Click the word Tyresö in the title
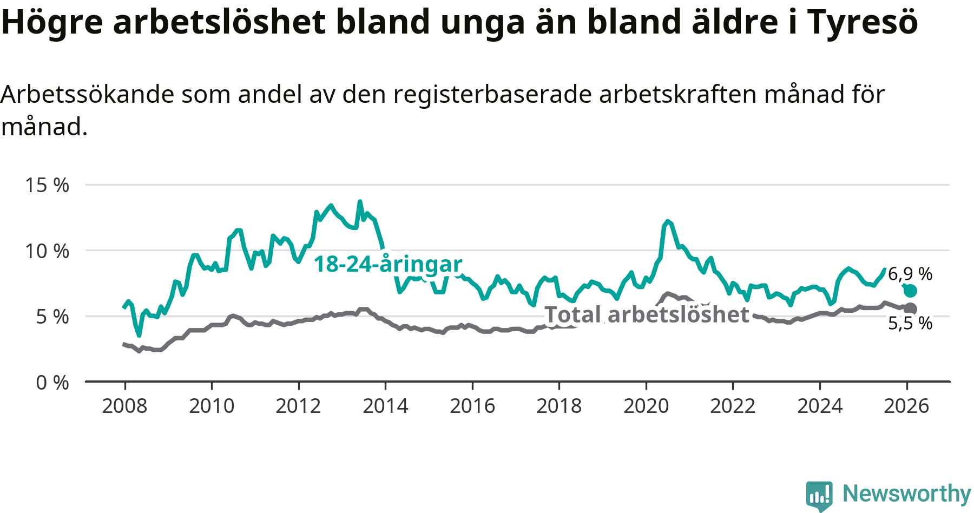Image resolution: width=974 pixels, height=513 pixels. pos(863,22)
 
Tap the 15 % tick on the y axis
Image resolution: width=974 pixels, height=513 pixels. pos(47,185)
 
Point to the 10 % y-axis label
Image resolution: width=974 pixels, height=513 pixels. pos(47,251)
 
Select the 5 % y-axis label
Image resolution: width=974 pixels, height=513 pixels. pos(52,317)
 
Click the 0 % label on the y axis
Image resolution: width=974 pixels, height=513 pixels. pos(52,383)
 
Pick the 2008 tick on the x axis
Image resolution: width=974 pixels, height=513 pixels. pos(124,406)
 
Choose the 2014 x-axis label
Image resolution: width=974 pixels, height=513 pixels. pos(385,406)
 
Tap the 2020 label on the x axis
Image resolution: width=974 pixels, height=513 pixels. pos(646,406)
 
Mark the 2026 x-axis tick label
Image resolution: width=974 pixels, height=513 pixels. pos(906,406)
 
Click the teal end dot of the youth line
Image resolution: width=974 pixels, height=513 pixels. pos(910,291)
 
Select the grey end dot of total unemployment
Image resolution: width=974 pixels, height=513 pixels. pos(910,308)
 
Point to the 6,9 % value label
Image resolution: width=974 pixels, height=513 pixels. pos(910,274)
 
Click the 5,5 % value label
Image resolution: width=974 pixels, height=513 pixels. pos(910,323)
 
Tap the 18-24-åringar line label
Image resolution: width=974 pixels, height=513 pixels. pos(388,264)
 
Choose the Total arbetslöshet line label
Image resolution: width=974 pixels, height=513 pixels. pos(647,314)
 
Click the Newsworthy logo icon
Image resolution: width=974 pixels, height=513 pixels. pos(819,495)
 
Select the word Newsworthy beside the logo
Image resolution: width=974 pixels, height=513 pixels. pos(907,494)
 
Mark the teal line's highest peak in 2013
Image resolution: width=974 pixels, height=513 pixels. pos(360,202)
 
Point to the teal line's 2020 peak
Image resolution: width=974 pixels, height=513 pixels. pos(668,221)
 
